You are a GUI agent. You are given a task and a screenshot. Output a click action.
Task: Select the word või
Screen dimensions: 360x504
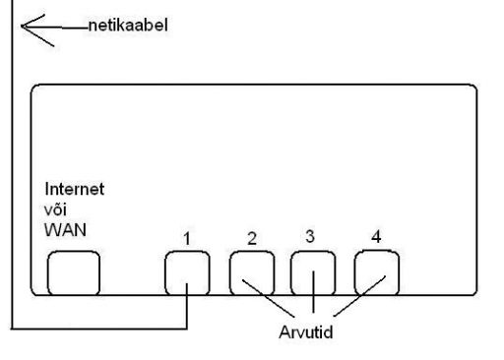pos(56,210)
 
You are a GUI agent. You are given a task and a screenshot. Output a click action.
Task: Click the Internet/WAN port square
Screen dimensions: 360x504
pos(74,271)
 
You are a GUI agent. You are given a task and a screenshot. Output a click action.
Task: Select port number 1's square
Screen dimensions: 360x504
pos(187,271)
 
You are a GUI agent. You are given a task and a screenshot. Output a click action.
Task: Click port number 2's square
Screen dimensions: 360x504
pos(250,271)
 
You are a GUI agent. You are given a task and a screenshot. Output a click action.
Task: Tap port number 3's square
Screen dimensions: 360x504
pos(312,271)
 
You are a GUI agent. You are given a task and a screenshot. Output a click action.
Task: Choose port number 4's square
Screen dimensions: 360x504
pos(375,271)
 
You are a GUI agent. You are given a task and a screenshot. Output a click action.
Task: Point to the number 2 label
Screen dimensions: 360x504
pos(252,238)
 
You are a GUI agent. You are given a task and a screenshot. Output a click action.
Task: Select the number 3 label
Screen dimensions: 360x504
pos(309,236)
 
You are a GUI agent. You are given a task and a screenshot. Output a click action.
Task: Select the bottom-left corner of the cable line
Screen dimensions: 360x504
pos(13,325)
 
